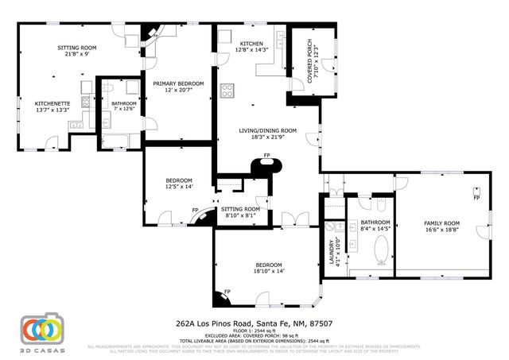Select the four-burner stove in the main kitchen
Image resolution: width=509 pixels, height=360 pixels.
(x=227, y=90)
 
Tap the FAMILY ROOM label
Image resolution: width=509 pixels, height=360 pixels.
(x=441, y=223)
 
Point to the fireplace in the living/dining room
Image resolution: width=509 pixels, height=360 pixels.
(x=267, y=167)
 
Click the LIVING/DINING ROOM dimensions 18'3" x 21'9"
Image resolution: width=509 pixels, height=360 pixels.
(x=268, y=137)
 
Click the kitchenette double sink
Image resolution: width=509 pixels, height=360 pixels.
(x=77, y=123)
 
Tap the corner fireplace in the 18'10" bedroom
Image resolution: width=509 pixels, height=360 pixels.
(x=220, y=298)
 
